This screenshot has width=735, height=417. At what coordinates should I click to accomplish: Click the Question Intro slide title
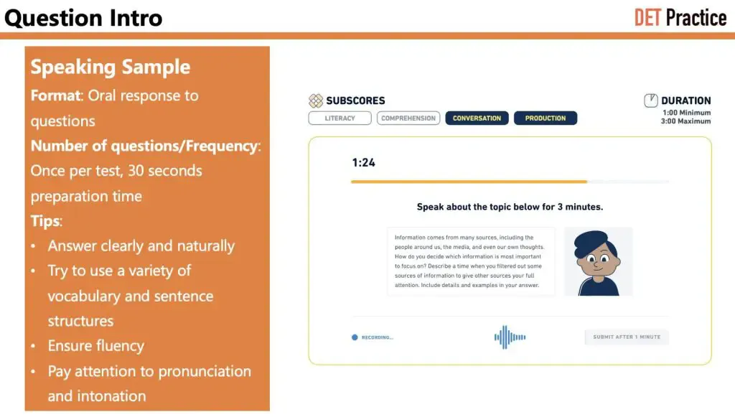pos(84,17)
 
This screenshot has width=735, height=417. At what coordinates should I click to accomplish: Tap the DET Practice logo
pos(680,17)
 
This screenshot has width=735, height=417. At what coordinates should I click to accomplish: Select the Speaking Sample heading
pos(110,67)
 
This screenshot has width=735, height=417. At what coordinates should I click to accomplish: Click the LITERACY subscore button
pos(340,118)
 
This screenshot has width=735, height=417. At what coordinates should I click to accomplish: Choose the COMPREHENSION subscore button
pos(408,118)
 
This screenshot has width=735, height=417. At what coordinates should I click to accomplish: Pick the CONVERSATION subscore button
pos(477,118)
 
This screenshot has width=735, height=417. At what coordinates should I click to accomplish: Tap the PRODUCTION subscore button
pos(545,118)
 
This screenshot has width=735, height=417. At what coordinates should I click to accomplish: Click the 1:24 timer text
pos(363,163)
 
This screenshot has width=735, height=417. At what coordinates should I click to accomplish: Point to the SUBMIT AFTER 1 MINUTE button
pos(626,337)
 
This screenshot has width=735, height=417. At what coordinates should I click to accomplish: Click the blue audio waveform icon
pos(510,337)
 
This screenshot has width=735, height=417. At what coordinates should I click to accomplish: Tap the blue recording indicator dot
pos(355,337)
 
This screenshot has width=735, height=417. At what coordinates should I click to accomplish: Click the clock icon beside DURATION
pos(651,100)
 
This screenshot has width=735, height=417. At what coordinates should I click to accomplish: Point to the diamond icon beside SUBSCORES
pos(316,100)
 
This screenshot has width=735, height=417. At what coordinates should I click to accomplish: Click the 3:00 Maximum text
pos(686,121)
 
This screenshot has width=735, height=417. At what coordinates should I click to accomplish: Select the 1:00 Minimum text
pos(686,113)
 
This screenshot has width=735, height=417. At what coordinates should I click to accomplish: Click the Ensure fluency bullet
pos(95,346)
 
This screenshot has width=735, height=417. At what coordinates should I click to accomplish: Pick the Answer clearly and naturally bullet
pos(141,246)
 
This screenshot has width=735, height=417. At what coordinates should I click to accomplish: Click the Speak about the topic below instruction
pos(510,207)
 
